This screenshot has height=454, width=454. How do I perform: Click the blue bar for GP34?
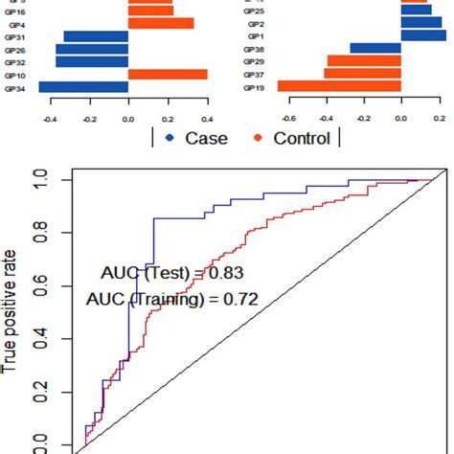[83, 87]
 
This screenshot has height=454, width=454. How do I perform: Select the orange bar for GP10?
[168, 75]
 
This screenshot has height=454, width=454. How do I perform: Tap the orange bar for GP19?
[340, 86]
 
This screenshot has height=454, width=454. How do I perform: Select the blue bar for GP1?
[422, 35]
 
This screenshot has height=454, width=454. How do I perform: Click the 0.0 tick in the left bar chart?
[127, 109]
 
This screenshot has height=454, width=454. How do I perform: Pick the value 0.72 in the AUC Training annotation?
[239, 299]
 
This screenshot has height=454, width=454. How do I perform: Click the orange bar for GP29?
[364, 61]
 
